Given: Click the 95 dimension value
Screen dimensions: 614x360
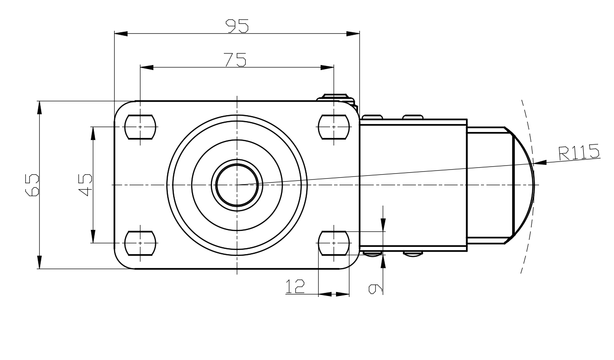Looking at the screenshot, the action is click(x=237, y=26).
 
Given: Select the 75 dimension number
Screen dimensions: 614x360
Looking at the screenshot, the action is click(x=235, y=60).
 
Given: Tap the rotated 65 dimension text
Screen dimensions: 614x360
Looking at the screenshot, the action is click(x=32, y=185).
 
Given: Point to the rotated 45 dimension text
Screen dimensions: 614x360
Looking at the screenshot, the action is click(x=85, y=185).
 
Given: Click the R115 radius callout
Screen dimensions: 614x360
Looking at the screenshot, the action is click(x=579, y=152).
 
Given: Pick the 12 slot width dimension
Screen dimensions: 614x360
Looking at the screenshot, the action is click(x=295, y=286).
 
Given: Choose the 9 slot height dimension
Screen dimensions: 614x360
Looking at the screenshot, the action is click(x=375, y=289).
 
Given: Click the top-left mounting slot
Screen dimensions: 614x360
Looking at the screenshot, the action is click(x=140, y=127).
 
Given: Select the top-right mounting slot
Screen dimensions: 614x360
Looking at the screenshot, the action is click(x=334, y=127).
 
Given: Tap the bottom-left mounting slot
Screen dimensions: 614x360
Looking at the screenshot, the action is click(x=140, y=243).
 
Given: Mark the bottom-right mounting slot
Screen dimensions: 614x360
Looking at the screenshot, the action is click(x=334, y=243).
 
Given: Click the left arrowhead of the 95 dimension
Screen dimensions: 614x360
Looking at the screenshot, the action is click(x=121, y=33).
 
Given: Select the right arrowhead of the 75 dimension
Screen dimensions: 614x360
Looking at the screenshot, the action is click(x=327, y=68).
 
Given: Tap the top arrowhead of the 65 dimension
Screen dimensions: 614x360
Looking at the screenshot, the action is click(x=40, y=107).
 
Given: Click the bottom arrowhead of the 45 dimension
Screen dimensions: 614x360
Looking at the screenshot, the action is click(x=93, y=236).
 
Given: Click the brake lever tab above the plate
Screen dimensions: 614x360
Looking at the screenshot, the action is click(x=336, y=98).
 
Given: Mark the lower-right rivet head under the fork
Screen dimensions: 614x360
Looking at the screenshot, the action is click(x=413, y=254).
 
